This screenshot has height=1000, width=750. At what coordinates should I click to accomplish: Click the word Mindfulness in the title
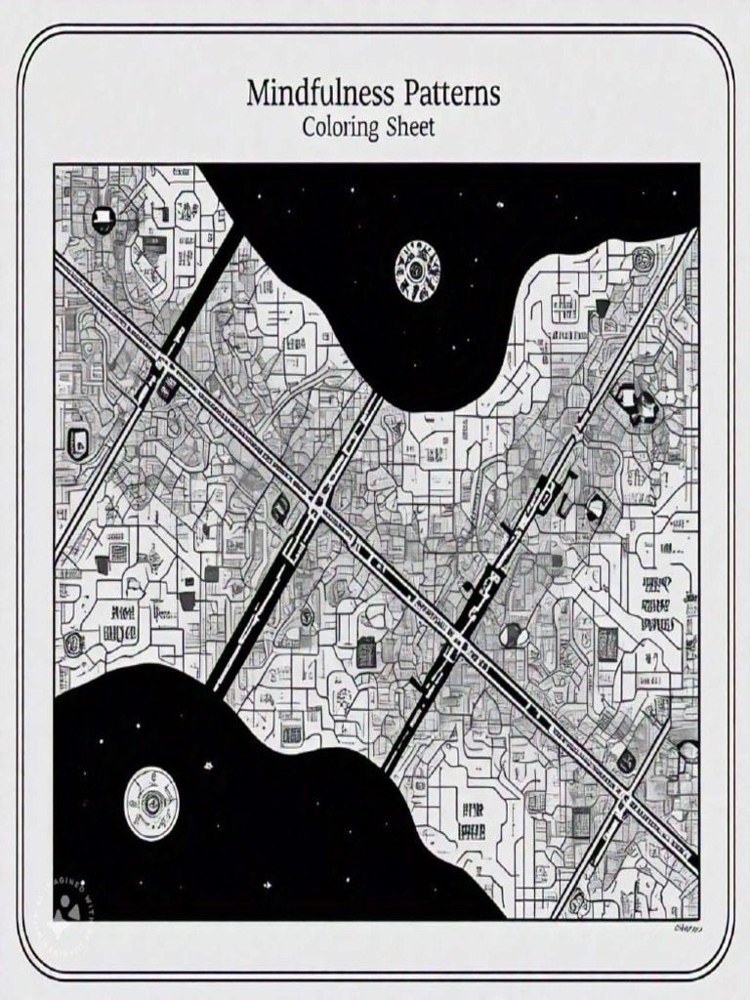320,95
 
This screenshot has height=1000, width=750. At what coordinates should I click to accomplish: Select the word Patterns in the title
450,95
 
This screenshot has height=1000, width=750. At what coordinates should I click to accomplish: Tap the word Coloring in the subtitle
339,127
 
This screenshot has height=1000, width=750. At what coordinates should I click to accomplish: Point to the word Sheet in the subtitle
409,127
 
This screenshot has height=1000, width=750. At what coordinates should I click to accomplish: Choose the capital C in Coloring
309,127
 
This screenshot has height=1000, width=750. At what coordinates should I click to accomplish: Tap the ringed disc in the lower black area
151,803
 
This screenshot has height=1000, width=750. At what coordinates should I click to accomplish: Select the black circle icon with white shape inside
104,220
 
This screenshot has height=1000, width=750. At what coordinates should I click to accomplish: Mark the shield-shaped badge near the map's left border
77,443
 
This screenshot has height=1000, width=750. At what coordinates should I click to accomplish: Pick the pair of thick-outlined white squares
635,403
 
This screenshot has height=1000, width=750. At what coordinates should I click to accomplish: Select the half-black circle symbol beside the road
513,636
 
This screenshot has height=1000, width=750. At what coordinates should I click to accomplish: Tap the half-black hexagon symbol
595,507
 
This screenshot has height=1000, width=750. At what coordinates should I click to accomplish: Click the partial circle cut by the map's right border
689,752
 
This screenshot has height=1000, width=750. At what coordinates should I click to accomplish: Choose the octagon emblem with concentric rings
643,259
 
